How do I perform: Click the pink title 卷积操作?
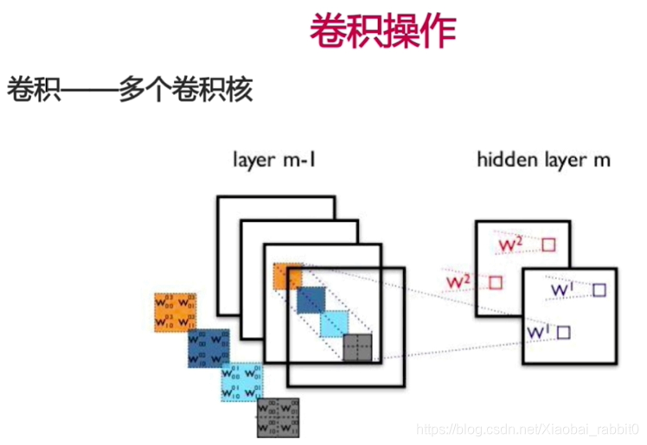point(382,32)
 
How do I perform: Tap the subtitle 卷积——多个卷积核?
point(130,91)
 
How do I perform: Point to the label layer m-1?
point(273,161)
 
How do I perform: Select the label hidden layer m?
point(543,161)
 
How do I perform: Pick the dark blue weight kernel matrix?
point(208,347)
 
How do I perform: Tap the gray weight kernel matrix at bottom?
point(278,416)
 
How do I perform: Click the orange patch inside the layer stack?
point(287,276)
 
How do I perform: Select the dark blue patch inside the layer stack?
point(309,299)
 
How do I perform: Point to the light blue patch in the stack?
point(333,324)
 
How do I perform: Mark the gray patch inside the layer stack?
point(356,347)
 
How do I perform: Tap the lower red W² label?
point(458,283)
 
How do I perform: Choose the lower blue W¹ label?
point(538,331)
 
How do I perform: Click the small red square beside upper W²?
point(548,245)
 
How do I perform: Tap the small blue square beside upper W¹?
point(599,290)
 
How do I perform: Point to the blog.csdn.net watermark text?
point(528,429)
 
